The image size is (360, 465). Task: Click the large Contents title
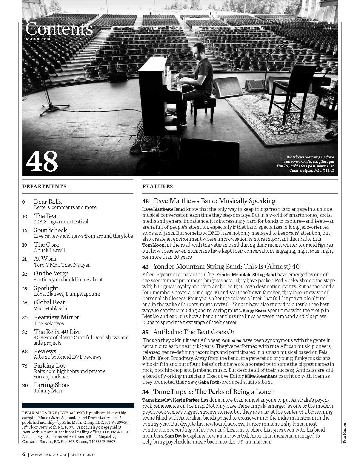59,29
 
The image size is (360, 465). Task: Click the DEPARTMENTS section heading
44,186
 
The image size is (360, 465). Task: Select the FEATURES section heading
158,186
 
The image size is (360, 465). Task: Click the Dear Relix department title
48,202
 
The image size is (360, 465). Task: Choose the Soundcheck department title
50,230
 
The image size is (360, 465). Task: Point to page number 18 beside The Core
24,245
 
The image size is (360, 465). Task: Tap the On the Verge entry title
51,273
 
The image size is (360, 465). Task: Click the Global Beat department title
49,302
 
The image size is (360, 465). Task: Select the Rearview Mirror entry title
56,317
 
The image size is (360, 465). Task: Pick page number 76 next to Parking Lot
25,366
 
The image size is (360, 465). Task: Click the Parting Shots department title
51,385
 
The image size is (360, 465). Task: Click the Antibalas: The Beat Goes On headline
194,332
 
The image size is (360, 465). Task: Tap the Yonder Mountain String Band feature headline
226,266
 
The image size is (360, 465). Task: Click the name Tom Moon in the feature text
153,245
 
